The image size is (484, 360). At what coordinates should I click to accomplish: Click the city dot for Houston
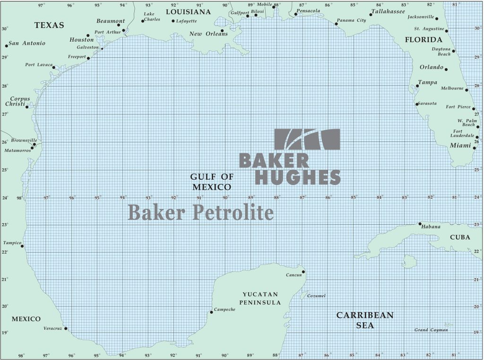pos(88,35)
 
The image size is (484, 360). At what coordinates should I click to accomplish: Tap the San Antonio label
pos(27,43)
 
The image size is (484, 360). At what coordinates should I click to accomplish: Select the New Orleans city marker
pos(222,31)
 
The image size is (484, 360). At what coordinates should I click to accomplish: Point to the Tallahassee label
pos(388,11)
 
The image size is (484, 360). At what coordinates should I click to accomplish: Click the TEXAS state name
pos(49,25)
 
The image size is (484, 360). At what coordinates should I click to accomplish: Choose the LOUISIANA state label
pos(188,11)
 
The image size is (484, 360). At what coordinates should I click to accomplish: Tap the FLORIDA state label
pos(423,40)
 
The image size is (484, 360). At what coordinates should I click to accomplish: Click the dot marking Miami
pos(475,148)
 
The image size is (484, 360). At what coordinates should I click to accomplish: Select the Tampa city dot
pos(417,86)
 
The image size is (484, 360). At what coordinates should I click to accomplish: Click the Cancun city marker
pos(303,272)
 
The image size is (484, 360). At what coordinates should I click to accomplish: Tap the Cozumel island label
pos(316,296)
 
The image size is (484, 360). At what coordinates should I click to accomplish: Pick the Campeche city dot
pos(211,312)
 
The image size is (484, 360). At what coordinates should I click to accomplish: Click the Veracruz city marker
pos(66,328)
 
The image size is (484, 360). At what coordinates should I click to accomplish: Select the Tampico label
pos(12,243)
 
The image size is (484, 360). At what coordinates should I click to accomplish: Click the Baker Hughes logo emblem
pos(307,139)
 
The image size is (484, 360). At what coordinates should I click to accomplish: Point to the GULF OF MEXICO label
pos(212,182)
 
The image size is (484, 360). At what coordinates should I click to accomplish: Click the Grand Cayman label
pos(431,330)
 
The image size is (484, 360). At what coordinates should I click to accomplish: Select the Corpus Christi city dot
pos(27,106)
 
